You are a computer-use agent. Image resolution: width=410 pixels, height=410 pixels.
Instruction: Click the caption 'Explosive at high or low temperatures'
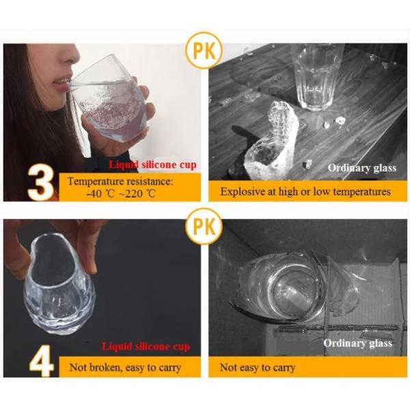pos(305,191)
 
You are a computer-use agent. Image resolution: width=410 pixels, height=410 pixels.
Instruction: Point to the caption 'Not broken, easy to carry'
pos(125,368)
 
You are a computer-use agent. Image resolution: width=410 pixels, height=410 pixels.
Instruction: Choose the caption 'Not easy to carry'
pos(258,368)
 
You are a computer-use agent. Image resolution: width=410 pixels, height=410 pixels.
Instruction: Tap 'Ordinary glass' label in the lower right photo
pos(357,343)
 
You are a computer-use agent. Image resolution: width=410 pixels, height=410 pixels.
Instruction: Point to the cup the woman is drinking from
pos(109,102)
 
